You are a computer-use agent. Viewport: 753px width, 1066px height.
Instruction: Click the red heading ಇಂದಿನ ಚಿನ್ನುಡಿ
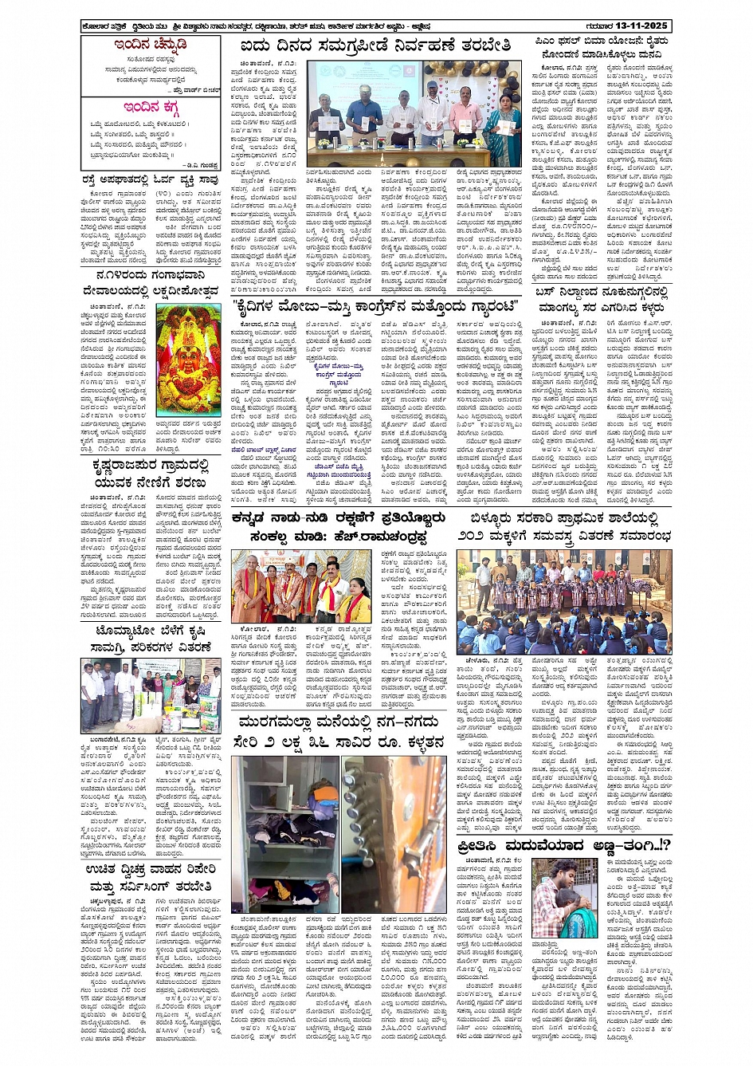(x=151, y=45)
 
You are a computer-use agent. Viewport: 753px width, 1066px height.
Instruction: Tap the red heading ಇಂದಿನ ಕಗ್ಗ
(x=151, y=108)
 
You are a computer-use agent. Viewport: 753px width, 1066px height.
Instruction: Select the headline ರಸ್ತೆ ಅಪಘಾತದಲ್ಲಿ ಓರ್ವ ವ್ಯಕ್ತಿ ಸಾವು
(x=151, y=180)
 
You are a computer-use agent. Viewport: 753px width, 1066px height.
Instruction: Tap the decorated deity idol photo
(x=189, y=360)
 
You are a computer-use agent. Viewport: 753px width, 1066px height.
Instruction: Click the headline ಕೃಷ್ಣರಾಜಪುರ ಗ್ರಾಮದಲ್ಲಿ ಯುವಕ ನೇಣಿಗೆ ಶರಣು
(x=151, y=473)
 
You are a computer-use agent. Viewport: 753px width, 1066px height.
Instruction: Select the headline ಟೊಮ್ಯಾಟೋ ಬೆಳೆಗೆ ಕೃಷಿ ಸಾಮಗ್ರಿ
(x=151, y=638)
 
